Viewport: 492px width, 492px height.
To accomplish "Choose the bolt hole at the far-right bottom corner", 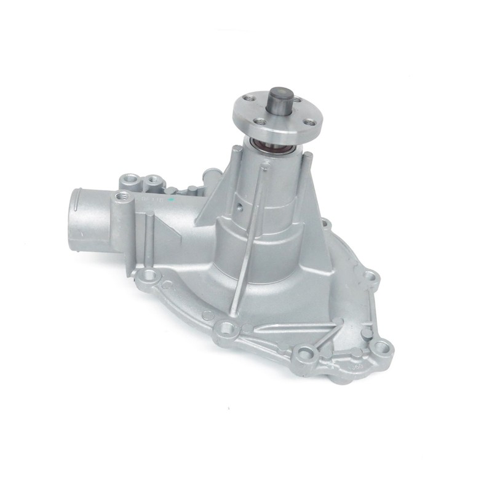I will (x=385, y=346).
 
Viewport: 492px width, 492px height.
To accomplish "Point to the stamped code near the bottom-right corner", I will (x=355, y=368).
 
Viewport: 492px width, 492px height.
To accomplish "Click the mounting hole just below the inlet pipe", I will (x=148, y=275).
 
